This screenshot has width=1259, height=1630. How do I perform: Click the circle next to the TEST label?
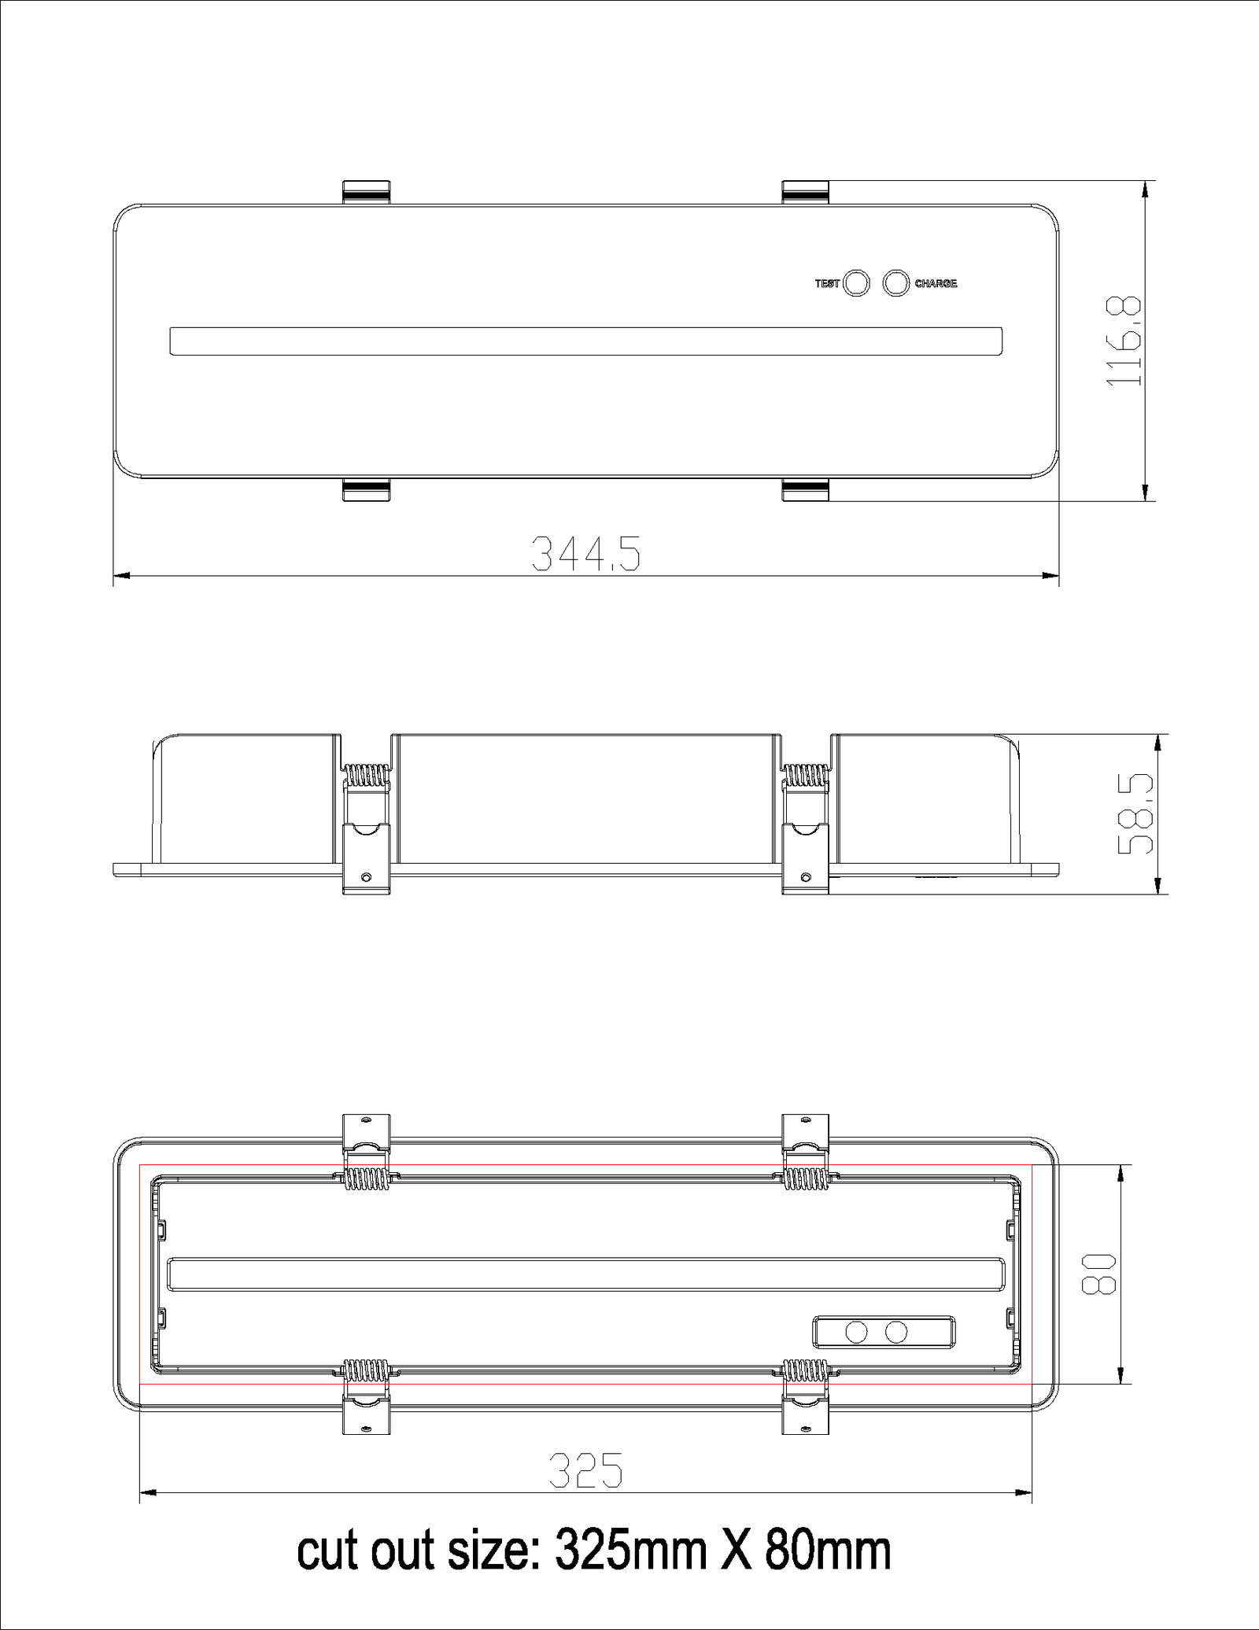(856, 283)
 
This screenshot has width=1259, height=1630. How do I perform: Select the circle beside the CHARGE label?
(896, 283)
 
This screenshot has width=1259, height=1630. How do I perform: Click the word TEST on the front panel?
(827, 284)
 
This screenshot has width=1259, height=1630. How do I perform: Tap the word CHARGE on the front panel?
(936, 284)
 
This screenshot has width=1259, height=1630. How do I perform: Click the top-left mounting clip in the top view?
(367, 192)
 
